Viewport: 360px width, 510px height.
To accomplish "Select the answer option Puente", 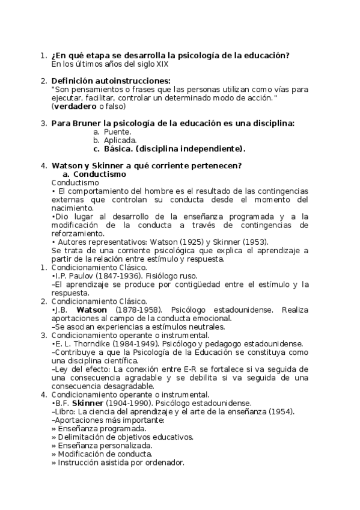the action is click(117, 132).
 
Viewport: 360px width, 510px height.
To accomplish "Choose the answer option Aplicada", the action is click(120, 140).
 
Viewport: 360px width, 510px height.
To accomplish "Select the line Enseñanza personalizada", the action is click(102, 446).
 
